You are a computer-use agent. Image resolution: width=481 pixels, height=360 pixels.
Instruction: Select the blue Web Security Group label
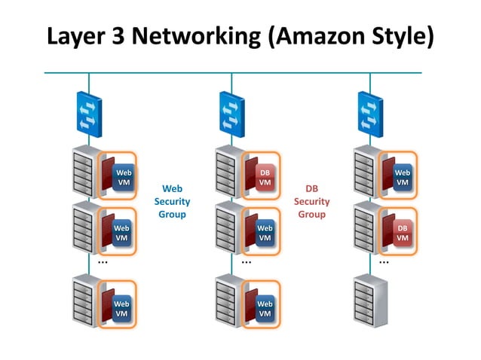(172, 201)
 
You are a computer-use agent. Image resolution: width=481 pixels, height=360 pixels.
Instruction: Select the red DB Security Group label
(311, 201)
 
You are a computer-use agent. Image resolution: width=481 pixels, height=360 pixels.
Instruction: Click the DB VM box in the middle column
(265, 178)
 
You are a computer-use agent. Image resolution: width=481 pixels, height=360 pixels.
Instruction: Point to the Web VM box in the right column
(403, 178)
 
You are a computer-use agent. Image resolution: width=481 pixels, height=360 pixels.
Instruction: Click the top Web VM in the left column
(122, 178)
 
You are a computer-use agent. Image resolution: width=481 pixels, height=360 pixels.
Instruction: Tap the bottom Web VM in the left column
(122, 307)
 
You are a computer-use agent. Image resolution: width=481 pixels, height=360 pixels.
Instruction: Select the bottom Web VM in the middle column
(265, 307)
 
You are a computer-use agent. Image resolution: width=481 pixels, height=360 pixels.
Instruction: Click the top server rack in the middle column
(228, 172)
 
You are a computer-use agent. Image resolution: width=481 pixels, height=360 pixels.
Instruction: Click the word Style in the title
(400, 35)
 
